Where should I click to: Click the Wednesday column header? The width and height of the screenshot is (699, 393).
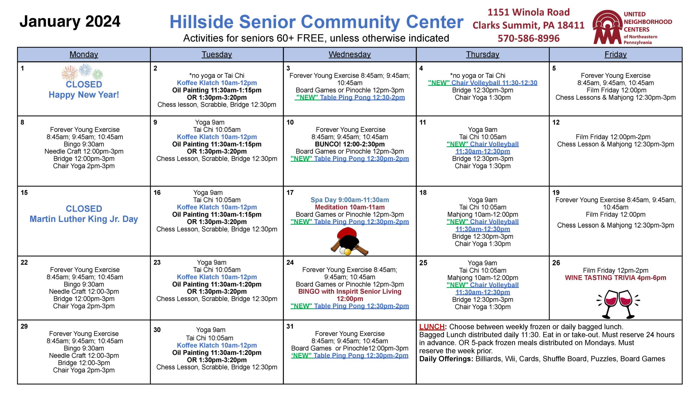349,55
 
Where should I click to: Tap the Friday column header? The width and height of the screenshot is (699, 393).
615,55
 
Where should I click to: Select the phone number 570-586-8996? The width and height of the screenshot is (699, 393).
529,38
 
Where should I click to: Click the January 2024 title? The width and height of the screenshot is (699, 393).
70,22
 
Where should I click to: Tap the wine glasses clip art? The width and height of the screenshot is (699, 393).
618,304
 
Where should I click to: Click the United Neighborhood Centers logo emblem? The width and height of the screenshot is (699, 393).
607,27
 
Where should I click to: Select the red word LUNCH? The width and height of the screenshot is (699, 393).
432,327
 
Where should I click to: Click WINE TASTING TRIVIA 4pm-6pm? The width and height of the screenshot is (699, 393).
615,278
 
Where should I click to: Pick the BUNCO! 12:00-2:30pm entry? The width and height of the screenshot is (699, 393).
350,144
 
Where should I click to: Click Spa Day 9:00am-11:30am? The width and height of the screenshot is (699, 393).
350,200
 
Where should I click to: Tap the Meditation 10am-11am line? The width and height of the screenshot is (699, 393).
350,207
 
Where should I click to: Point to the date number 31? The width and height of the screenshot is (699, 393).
290,326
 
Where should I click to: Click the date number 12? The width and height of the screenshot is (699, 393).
556,122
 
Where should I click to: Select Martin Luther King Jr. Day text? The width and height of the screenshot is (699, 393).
84,219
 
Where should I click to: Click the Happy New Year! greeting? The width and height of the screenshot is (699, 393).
84,95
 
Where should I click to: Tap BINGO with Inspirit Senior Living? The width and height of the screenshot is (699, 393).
350,291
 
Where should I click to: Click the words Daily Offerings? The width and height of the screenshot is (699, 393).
446,359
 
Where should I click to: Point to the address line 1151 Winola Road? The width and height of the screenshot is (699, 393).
529,12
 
